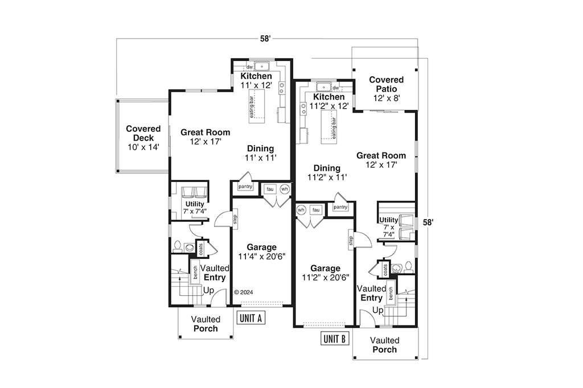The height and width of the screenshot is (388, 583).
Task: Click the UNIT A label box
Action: coord(251,318)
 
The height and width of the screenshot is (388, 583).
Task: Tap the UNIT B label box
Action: coord(335,339)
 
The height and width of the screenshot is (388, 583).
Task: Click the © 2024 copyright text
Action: coord(244,292)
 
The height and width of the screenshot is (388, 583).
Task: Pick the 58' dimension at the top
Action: coord(265,39)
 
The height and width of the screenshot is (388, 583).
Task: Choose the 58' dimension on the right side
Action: coord(428,222)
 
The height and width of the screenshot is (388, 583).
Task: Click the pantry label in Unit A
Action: coord(245,187)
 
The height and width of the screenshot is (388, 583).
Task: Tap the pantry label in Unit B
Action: coord(340,207)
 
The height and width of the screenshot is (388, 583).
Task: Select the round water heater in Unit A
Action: coord(285,189)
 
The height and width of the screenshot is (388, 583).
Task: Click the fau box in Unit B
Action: coord(316,210)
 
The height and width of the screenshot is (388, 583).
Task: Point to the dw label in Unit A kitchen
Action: coord(249,67)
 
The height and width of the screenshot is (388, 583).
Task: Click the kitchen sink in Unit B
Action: coord(323,88)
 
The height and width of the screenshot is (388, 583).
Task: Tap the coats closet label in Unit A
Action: coord(201,249)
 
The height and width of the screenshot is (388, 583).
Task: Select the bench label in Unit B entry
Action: coord(391,294)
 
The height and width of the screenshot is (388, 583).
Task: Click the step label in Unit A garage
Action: coord(235,219)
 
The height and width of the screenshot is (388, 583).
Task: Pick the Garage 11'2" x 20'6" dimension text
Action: coord(325,277)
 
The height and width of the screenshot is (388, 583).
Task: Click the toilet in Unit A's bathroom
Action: coord(178,246)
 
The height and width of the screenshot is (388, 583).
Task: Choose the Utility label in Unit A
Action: coord(195,204)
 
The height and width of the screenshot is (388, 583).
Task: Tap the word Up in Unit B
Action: coord(378,310)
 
